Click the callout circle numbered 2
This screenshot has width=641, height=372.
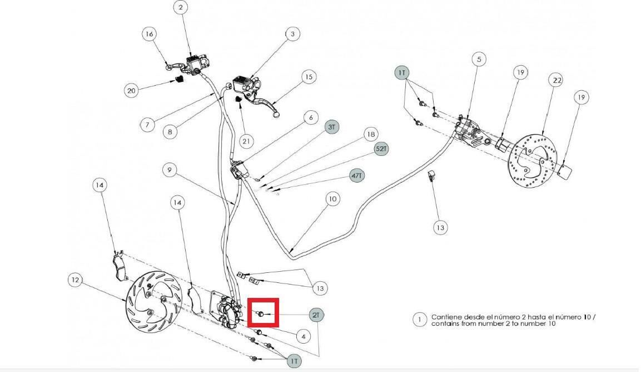[x=181, y=7]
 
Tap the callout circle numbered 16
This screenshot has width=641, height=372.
[x=149, y=33]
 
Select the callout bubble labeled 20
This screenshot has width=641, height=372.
[x=131, y=91]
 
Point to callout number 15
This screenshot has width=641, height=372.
[x=309, y=77]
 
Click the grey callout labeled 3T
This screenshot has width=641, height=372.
[x=331, y=127]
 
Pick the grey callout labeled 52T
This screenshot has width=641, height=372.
[x=381, y=149]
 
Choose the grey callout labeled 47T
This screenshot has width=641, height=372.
[x=357, y=176]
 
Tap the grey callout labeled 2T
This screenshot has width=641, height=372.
[x=316, y=315]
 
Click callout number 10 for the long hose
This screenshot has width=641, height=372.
[x=333, y=199]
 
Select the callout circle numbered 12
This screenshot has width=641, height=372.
[x=75, y=280]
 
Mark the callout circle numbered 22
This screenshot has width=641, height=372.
[x=557, y=80]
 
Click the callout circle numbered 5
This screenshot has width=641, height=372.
[x=479, y=60]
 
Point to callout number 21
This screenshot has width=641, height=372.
[x=246, y=142]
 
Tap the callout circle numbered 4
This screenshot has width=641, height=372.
[x=303, y=336]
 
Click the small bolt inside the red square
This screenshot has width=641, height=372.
[x=260, y=314]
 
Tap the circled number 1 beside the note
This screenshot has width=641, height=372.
[x=419, y=320]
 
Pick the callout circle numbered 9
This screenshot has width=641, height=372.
[x=170, y=170]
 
